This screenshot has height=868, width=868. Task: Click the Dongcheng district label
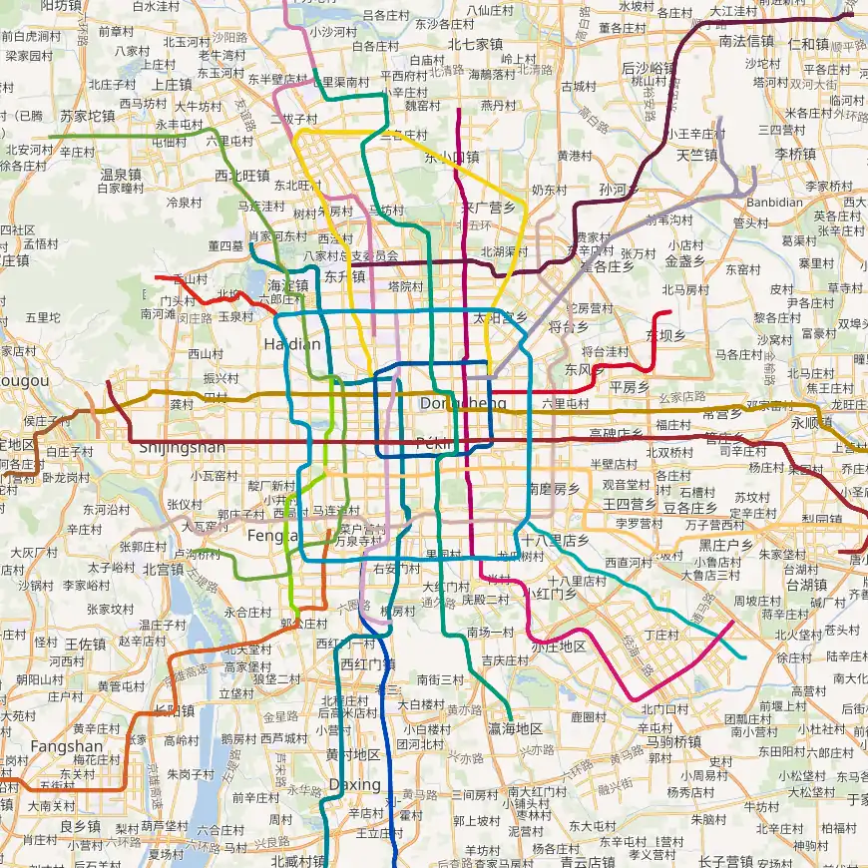[x=463, y=403]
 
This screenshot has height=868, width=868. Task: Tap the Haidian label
[x=292, y=344]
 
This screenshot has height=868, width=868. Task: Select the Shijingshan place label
[x=183, y=447]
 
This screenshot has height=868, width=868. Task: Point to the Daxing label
[x=354, y=785]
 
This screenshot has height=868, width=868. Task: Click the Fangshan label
[x=66, y=746]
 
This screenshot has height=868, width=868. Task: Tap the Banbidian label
[x=774, y=202]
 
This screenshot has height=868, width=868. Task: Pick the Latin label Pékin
[x=435, y=442]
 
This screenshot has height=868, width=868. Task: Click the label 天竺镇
[x=696, y=155]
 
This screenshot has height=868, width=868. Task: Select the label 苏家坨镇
[x=88, y=116]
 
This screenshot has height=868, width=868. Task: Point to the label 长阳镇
[x=174, y=710]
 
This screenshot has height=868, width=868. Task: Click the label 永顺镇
[x=810, y=422]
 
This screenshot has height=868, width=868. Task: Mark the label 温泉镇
[x=120, y=174]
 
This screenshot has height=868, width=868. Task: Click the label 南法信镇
[x=746, y=41]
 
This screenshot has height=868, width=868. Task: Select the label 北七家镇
[x=475, y=44]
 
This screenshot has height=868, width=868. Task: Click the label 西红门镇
[x=368, y=663]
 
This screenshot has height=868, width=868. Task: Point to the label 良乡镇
[x=80, y=826]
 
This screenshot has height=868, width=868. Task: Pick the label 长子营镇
[x=725, y=861]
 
